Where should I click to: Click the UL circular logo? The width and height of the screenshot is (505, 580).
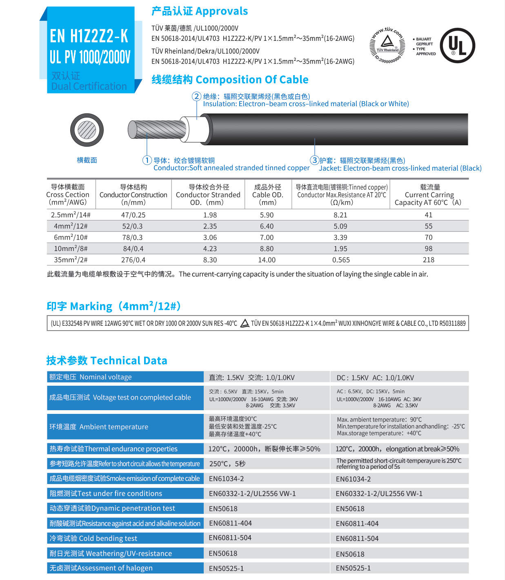(x=458, y=45)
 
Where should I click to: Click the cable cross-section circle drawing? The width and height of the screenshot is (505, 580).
(x=87, y=130)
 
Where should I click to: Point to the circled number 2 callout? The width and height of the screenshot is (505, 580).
(x=197, y=96)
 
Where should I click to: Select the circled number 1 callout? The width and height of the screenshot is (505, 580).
(x=147, y=160)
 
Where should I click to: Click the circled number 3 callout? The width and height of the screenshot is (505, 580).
(x=314, y=160)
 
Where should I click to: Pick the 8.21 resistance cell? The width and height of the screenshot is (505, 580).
(x=340, y=215)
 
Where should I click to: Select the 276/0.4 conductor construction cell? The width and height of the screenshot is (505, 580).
(x=133, y=260)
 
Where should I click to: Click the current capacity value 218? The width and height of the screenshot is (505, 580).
(x=429, y=260)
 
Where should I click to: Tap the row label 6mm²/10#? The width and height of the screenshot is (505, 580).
(x=71, y=238)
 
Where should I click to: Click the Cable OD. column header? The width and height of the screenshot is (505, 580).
(x=267, y=195)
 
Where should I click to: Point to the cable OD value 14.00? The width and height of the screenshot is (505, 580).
(x=267, y=260)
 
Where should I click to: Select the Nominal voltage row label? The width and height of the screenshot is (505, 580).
(x=91, y=377)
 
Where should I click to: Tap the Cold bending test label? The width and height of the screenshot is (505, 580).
(x=93, y=538)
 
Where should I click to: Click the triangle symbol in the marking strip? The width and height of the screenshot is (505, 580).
(x=245, y=324)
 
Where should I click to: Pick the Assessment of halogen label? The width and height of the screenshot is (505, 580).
(x=101, y=568)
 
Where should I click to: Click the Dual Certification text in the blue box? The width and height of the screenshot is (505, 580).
(x=89, y=87)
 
